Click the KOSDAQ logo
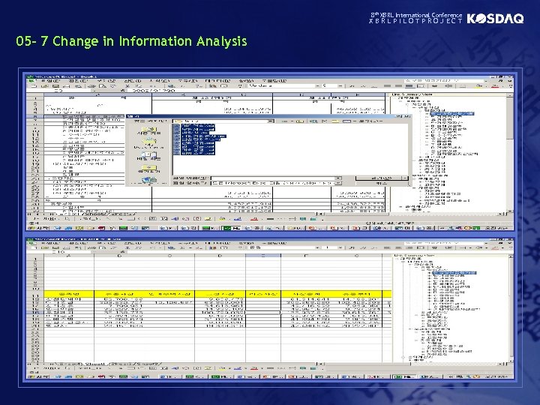pyautogui.click(x=496, y=19)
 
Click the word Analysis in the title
pyautogui.click(x=221, y=41)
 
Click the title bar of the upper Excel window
pyautogui.click(x=150, y=76)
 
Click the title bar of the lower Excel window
pyautogui.click(x=150, y=239)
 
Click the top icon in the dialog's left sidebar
pyautogui.click(x=148, y=129)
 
